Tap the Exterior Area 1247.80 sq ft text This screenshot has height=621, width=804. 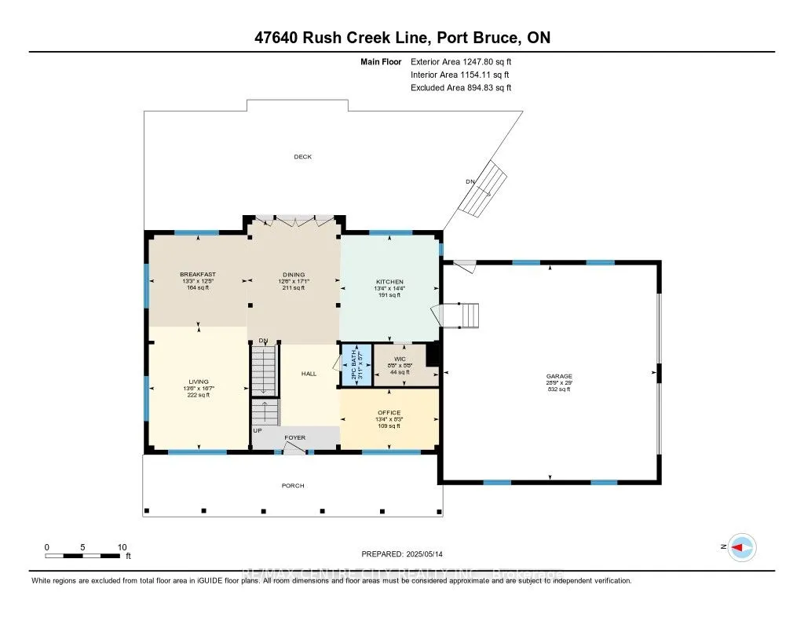pos(460,61)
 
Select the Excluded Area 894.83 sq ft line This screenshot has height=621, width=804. pos(460,88)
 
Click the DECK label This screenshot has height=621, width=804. pos(302,157)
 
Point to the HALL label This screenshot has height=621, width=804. pos(309,374)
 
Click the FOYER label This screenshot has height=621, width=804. pos(295,437)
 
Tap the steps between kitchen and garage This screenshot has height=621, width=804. pos(468,316)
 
